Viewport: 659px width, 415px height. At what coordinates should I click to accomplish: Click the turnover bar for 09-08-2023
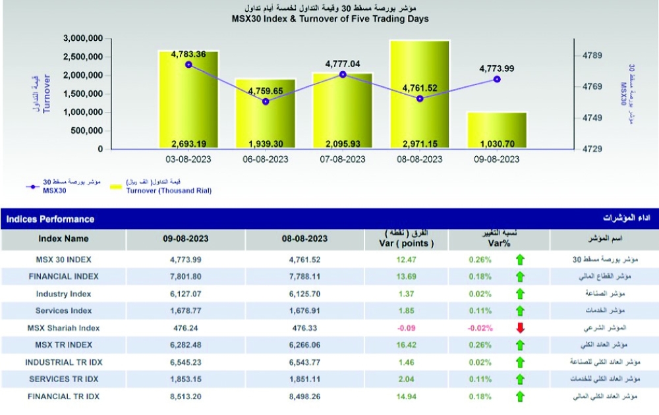(497, 130)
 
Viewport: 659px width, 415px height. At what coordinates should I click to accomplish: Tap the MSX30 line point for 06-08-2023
(266, 101)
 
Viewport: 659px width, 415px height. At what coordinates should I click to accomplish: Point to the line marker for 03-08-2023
(188, 65)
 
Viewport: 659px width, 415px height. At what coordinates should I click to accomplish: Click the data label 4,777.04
(343, 64)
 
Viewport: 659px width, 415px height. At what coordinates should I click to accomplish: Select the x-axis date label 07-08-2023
(343, 159)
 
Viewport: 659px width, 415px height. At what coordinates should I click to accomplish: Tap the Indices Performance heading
(50, 219)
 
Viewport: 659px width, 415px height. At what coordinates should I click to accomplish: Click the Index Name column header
(63, 238)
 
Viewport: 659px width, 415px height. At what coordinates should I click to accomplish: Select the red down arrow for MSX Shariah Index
(520, 328)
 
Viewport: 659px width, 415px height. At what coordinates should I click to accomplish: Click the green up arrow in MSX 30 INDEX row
(520, 260)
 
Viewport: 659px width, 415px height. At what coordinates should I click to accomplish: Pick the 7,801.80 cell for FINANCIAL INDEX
(186, 277)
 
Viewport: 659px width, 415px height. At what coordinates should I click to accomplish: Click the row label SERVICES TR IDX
(63, 379)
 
